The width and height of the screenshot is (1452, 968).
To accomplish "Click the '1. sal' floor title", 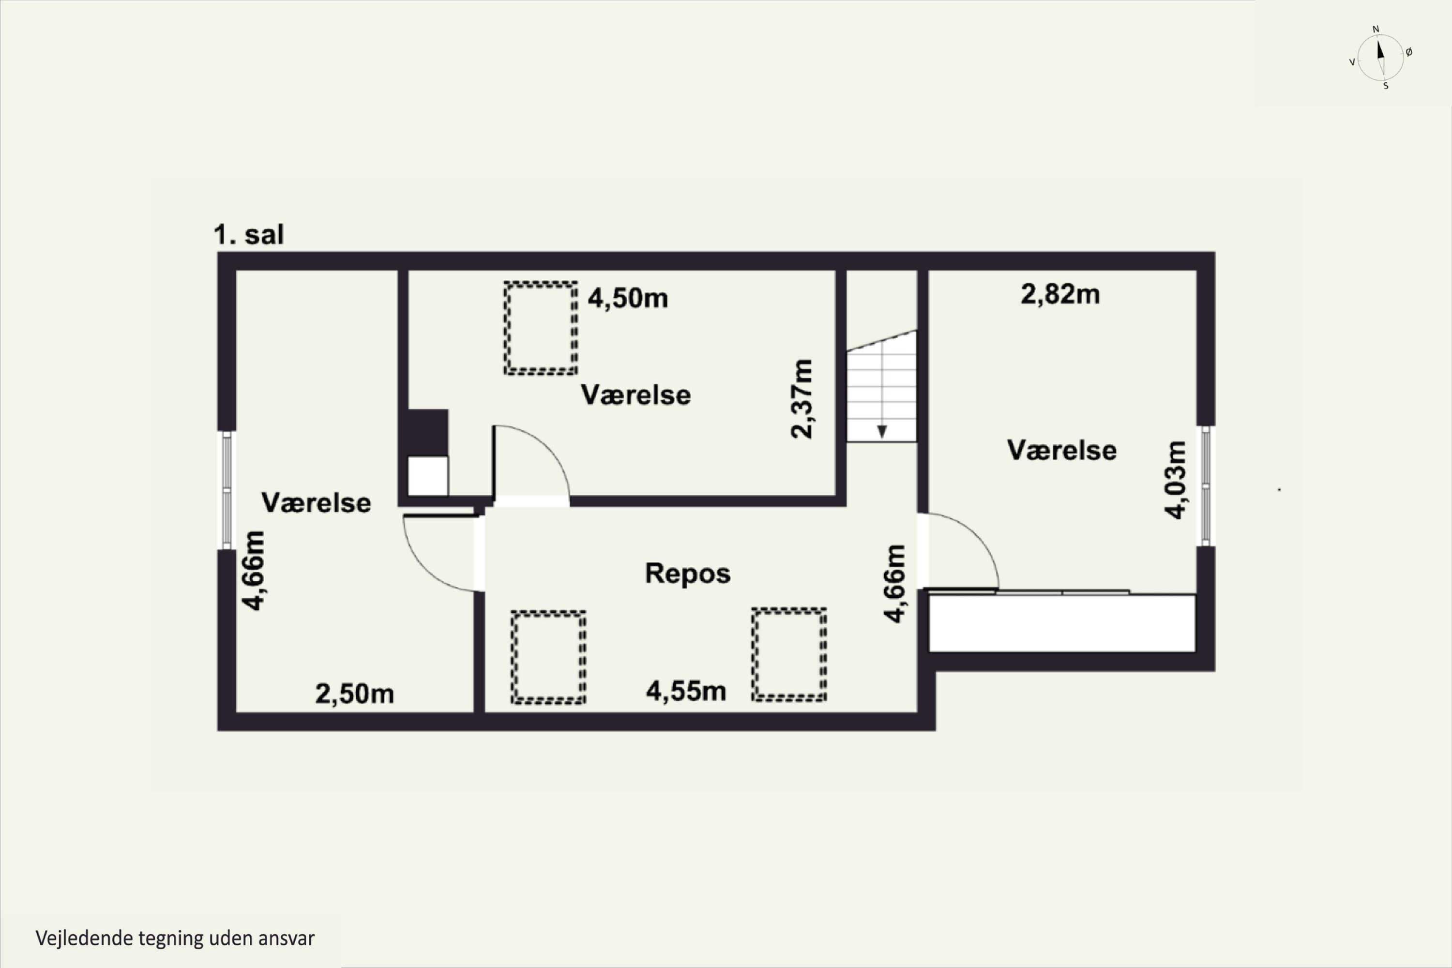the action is coord(249,235).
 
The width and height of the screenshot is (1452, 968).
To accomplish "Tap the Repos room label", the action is coord(688,574).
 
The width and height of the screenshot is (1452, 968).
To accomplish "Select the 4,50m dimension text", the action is coord(628,298).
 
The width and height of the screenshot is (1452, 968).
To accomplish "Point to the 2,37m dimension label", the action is coord(802,399).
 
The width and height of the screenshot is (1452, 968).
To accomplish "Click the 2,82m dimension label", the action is coord(1060,294).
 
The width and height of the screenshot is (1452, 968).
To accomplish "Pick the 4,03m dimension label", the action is coord(1175,480).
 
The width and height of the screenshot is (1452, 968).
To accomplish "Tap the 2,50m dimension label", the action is coord(354,694).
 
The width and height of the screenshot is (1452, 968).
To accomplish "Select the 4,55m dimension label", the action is coord(686,691).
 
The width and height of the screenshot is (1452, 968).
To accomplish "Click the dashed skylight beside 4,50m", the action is coord(541,328).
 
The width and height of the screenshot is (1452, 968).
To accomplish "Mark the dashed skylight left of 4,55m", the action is coord(548,657).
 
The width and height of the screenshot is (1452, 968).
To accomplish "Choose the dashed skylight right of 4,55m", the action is coord(789,655).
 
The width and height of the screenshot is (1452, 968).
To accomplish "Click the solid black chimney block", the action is coord(428,433).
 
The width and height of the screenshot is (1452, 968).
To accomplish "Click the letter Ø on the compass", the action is coord(1409,52).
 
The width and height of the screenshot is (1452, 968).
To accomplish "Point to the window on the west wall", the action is coord(227,489).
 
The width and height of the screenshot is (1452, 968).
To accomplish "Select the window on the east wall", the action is coord(1206,486).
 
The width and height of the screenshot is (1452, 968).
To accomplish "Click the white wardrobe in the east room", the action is coord(1062,623).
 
